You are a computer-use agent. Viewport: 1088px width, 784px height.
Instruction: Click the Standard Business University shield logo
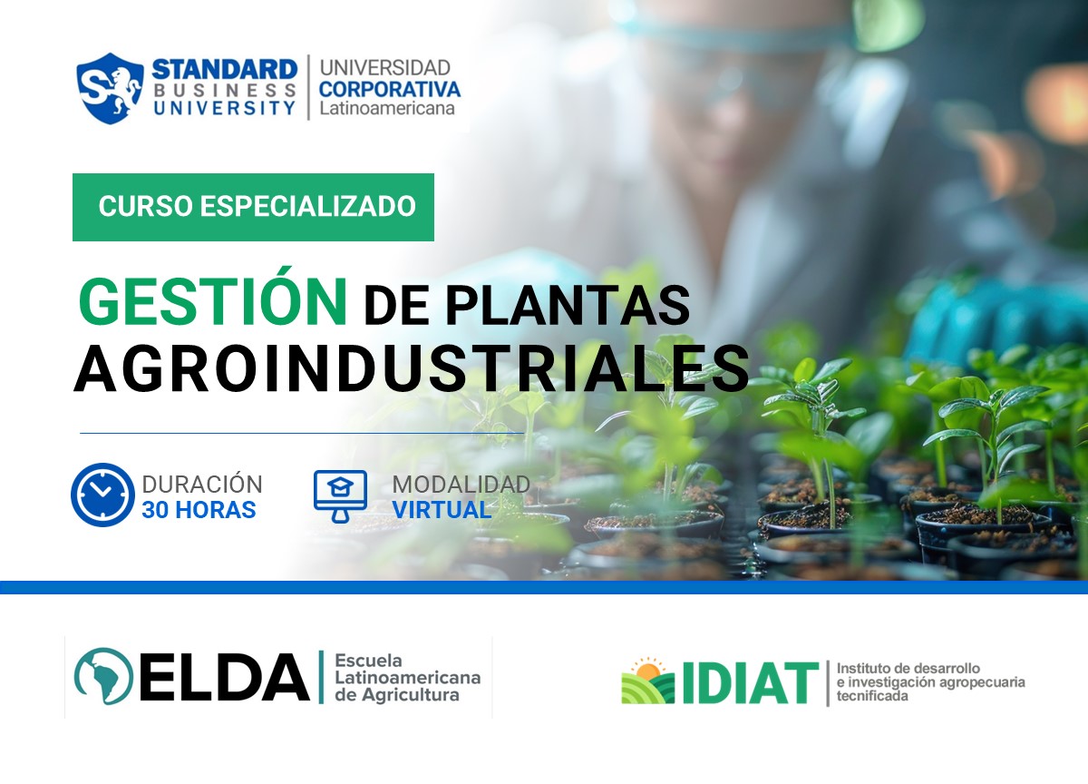[x=110, y=88]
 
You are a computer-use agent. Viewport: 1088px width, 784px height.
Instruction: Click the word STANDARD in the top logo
[x=224, y=69]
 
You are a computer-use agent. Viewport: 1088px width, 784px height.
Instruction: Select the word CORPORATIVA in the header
[x=390, y=89]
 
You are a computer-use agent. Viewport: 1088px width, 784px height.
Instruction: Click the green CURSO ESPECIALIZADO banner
[x=253, y=207]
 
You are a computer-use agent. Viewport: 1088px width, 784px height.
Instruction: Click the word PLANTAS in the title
[x=568, y=306]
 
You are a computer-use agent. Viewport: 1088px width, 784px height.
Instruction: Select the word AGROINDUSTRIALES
[x=412, y=368]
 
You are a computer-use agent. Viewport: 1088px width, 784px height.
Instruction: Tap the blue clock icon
[x=102, y=495]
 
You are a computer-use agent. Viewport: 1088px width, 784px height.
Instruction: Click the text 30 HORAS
[x=199, y=510]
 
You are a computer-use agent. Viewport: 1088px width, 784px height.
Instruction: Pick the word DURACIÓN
[x=202, y=485]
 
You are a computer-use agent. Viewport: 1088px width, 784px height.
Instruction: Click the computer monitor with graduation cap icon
[x=340, y=495]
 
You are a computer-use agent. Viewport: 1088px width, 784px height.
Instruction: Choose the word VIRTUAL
[x=442, y=510]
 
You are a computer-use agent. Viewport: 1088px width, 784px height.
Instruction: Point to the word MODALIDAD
[x=461, y=485]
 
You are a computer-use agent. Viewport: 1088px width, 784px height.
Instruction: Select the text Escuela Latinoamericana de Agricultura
[x=407, y=678]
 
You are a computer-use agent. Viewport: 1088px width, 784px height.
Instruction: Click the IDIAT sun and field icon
[x=647, y=681]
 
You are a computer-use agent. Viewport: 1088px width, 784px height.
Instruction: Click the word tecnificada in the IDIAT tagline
[x=872, y=697]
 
